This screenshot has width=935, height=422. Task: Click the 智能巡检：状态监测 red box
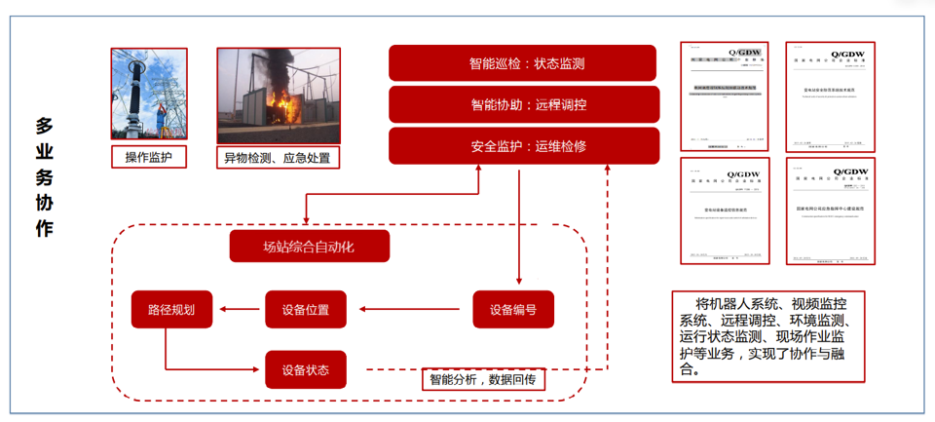click(x=526, y=63)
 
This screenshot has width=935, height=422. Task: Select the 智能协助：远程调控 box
click(x=526, y=104)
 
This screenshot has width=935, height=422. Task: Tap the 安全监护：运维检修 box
click(x=526, y=146)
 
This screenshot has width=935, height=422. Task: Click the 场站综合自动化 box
click(x=309, y=247)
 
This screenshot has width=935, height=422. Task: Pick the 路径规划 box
click(x=171, y=310)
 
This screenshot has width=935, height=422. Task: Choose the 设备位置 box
click(x=305, y=310)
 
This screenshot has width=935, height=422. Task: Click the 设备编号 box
click(x=512, y=310)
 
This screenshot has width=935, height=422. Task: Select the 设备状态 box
click(x=305, y=370)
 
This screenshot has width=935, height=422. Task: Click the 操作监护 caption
click(x=148, y=157)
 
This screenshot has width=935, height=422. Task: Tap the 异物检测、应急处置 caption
click(x=278, y=157)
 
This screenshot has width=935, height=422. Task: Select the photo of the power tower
click(x=148, y=94)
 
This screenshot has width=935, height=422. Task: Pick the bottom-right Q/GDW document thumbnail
click(x=830, y=211)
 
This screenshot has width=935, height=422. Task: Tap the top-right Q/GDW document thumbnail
click(x=830, y=96)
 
